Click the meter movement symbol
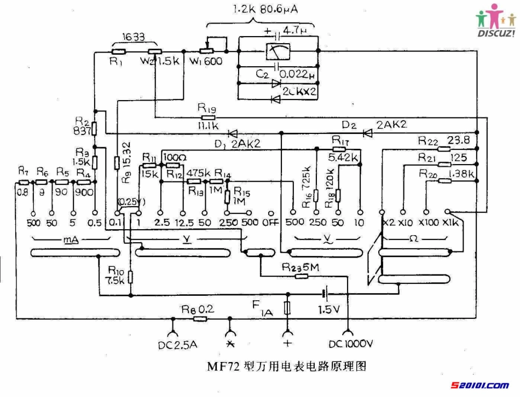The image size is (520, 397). point(279,51)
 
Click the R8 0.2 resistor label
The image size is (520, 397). point(197,309)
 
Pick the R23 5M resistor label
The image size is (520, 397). point(301,267)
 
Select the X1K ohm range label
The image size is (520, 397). point(452,223)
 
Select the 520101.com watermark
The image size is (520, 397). point(480,386)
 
